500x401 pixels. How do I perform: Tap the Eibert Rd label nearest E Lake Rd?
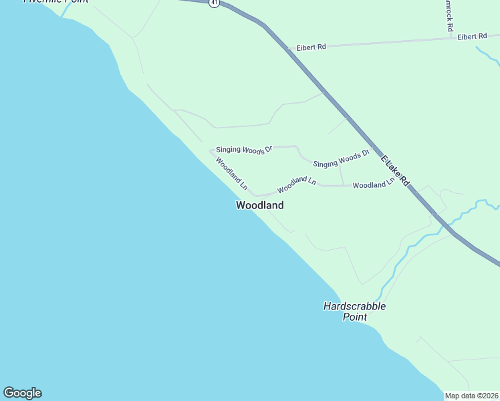pos(311,47)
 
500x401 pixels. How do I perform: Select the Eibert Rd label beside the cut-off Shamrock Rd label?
pos(472,37)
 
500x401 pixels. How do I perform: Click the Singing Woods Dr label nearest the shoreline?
pos(244,150)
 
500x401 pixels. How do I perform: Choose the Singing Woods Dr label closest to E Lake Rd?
pos(341,160)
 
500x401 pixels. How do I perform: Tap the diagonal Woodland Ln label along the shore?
pos(231,172)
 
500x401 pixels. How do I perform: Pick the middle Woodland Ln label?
pos(296,181)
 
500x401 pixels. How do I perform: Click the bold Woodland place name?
pos(259,206)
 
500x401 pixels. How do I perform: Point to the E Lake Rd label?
pos(395,170)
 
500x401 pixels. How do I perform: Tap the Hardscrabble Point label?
pos(354,311)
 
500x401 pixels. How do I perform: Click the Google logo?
pos(22,393)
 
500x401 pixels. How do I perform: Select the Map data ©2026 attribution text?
pos(471,396)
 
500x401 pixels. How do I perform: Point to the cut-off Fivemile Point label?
pos(57,2)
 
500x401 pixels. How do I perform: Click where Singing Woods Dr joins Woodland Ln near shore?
pos(211,150)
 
